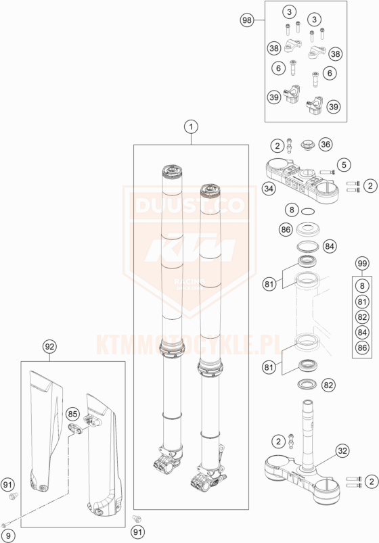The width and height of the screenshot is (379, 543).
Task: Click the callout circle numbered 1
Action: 191,127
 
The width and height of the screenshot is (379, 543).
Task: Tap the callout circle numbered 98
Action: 247,20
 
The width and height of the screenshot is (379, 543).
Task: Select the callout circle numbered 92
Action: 49,347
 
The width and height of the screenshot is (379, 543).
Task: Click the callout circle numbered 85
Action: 73,414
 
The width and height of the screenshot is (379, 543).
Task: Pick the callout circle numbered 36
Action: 326,145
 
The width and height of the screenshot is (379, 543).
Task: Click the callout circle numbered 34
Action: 269,189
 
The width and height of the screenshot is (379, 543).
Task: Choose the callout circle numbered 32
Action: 342,451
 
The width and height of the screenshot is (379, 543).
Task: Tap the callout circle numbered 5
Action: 344,164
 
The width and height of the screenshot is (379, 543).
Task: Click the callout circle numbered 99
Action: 362,264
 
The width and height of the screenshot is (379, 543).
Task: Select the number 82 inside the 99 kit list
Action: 362,317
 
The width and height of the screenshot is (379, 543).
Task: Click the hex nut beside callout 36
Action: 307,145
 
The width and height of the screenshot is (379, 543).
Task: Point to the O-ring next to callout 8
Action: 308,211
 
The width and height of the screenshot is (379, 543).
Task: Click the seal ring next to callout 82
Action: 307,383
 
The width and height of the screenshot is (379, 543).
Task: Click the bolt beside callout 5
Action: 328,171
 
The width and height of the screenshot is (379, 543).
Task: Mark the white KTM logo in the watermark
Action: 190,247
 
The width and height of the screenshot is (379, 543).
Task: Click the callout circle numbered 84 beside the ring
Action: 329,246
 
